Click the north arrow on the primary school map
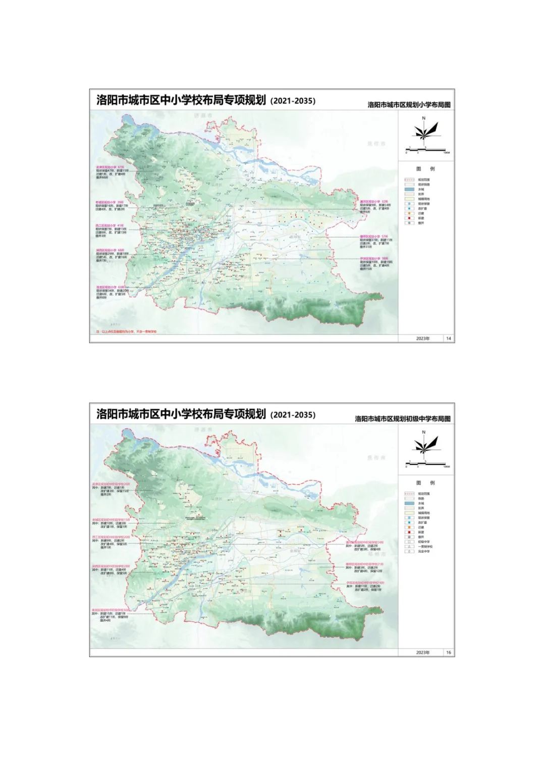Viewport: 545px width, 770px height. [424, 130]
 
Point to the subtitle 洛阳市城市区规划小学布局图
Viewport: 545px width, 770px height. [409, 105]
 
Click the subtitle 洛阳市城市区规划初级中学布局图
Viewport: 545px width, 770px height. [402, 419]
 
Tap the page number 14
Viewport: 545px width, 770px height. [449, 338]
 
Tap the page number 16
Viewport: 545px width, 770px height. [449, 653]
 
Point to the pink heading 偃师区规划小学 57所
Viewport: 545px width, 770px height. [373, 236]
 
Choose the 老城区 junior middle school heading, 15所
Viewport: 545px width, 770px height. [111, 519]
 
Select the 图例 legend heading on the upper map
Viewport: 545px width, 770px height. [425, 169]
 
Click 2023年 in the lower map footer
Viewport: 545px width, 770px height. [423, 653]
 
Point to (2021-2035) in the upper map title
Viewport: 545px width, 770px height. [293, 101]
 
